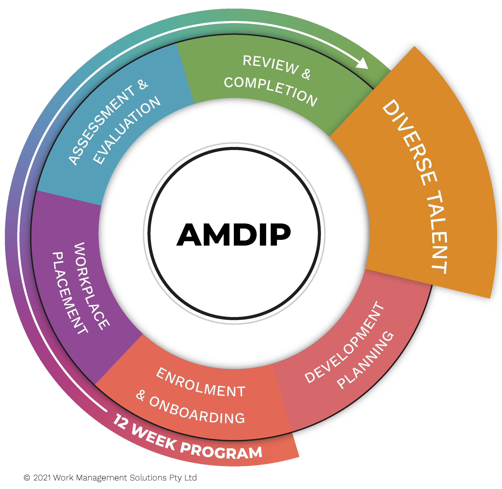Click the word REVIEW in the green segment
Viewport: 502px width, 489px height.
271,64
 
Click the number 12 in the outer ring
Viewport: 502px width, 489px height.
120,421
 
